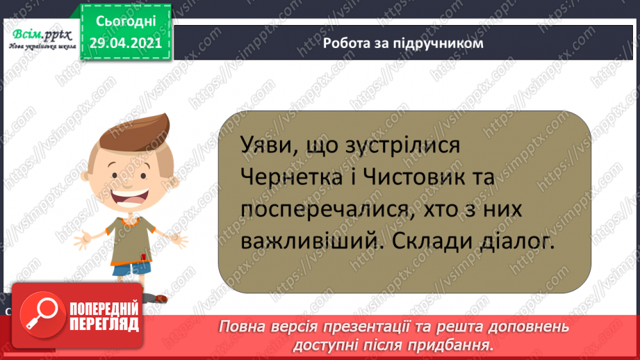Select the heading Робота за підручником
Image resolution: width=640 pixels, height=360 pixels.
point(402,42)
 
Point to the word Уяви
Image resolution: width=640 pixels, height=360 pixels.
point(262,147)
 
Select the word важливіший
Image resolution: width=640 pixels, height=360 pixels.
point(299,240)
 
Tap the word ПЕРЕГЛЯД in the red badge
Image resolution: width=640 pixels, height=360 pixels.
point(104,324)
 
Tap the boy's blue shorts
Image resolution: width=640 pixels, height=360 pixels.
point(129,268)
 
